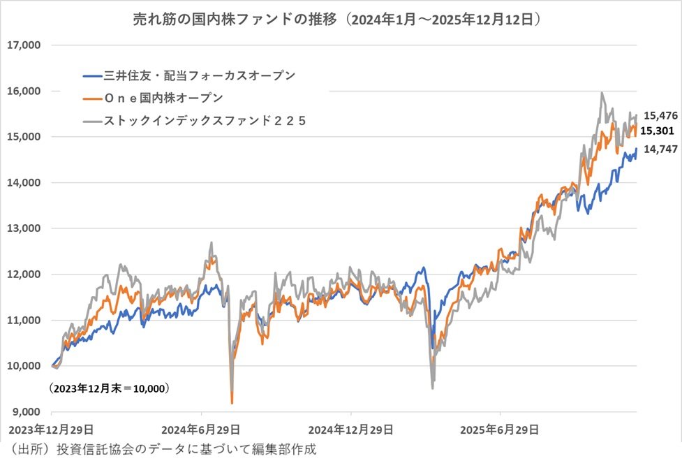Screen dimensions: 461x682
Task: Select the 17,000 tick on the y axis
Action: (x=24, y=45)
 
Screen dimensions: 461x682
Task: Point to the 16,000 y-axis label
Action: (x=24, y=91)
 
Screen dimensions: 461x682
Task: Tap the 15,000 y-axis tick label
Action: (x=24, y=137)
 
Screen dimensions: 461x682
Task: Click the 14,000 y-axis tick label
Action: (x=24, y=182)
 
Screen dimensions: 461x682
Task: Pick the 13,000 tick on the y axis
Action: (x=24, y=228)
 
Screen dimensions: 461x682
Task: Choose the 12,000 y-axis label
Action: (x=24, y=274)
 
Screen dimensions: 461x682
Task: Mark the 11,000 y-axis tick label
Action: (x=24, y=320)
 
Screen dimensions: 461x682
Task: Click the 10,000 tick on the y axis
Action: (x=24, y=365)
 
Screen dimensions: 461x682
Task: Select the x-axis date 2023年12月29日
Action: (x=50, y=428)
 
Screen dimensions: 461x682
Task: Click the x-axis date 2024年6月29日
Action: (x=201, y=428)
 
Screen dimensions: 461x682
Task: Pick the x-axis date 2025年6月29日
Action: (x=501, y=428)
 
